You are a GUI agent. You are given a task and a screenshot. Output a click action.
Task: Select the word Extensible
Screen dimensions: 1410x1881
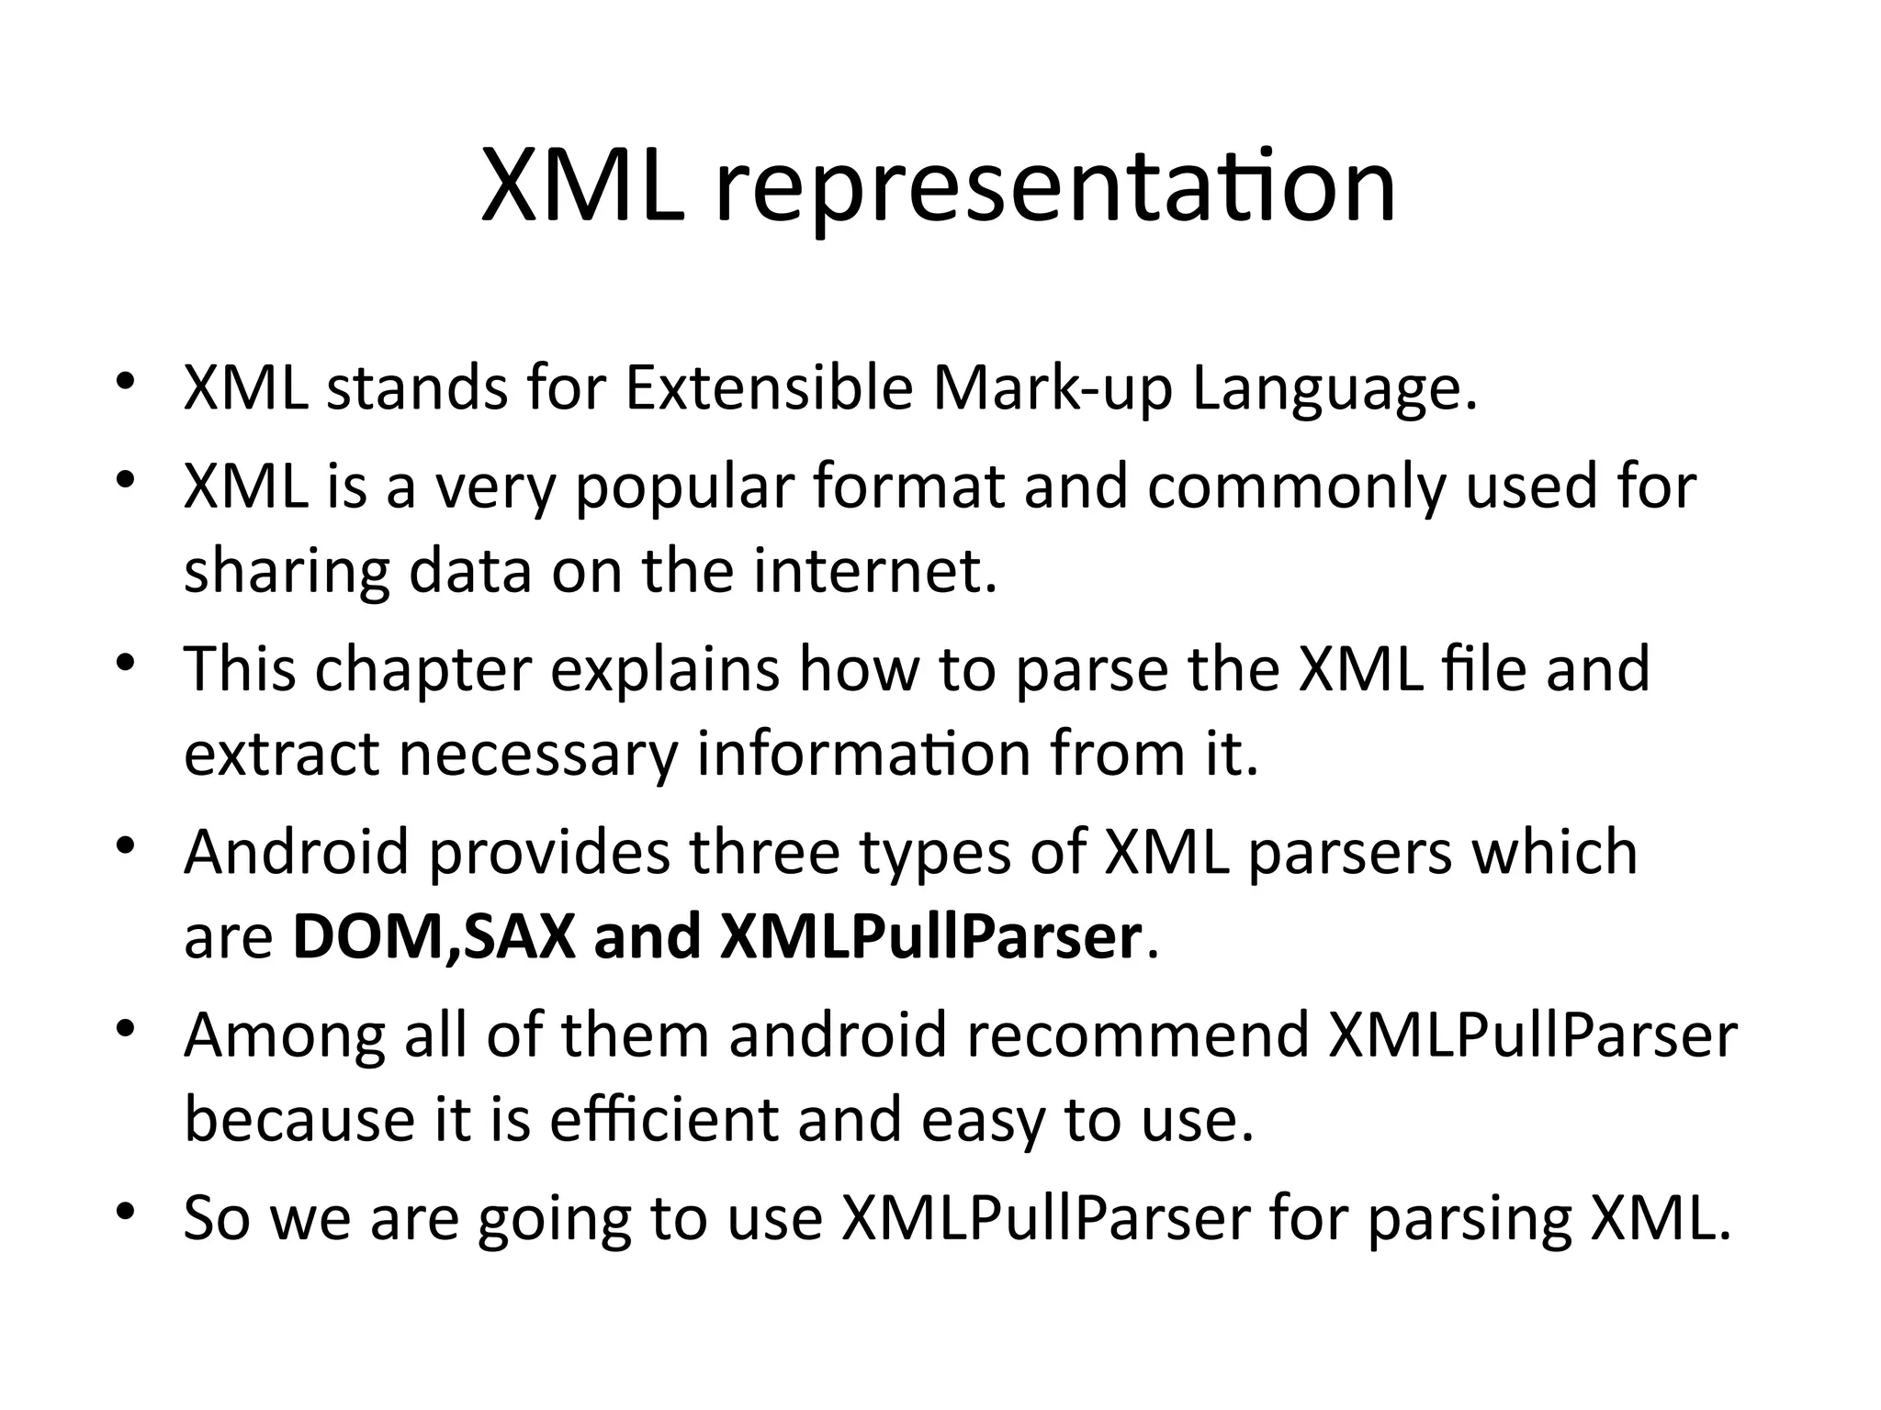point(769,388)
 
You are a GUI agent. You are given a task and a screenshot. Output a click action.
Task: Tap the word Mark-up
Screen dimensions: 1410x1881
point(1053,388)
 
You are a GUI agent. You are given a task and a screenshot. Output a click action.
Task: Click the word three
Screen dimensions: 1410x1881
point(764,852)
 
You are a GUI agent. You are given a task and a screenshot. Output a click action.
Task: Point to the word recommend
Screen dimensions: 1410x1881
point(1138,1035)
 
